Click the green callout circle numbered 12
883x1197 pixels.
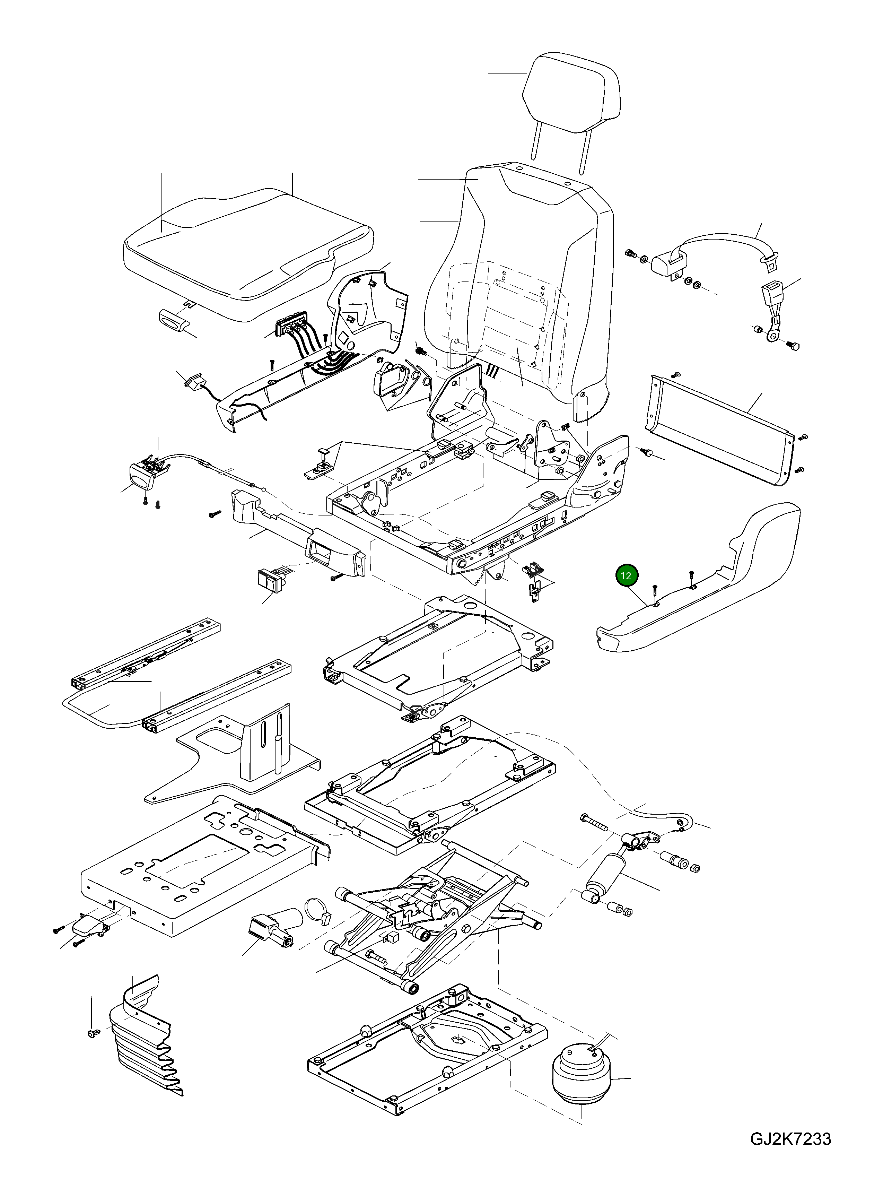(x=627, y=576)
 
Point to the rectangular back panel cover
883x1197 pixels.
(x=722, y=428)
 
